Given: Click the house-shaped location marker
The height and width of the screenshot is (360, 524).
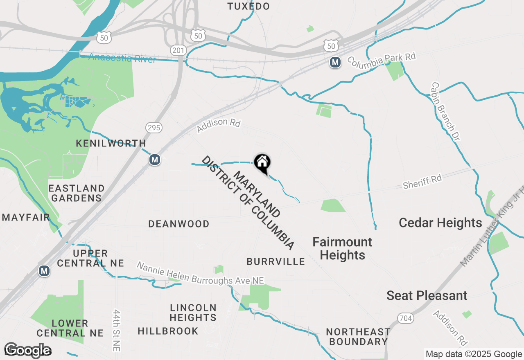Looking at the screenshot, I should point(262,162).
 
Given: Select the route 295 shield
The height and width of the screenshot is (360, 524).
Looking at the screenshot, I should point(154,128).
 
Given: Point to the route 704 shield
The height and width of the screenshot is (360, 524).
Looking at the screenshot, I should point(405,318).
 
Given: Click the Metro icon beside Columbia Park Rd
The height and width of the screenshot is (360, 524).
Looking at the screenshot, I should point(335,62).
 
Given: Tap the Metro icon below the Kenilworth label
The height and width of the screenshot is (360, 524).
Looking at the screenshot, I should point(154,160).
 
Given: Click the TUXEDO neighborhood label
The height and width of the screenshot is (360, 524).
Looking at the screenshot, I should point(248,6).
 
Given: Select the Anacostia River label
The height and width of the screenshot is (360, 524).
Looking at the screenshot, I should point(122,59).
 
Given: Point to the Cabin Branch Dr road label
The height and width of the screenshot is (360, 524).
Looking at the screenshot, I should point(445,111).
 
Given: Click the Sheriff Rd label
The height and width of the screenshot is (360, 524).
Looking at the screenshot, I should point(422,182).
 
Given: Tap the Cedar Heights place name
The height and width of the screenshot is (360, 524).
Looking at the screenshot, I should point(440,223).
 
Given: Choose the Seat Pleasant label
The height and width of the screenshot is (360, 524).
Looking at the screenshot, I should point(427,295).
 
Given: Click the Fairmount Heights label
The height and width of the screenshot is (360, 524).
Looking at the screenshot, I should point(342,248).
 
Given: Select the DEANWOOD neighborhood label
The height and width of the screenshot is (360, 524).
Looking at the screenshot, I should point(179,224).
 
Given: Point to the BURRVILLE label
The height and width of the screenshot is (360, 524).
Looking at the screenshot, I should point(276,261).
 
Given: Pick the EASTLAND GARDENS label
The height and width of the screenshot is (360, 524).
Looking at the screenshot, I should point(77,193).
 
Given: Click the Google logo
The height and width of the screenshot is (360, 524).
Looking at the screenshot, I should point(27,350).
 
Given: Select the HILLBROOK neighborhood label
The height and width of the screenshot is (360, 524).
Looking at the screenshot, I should point(168,331).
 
